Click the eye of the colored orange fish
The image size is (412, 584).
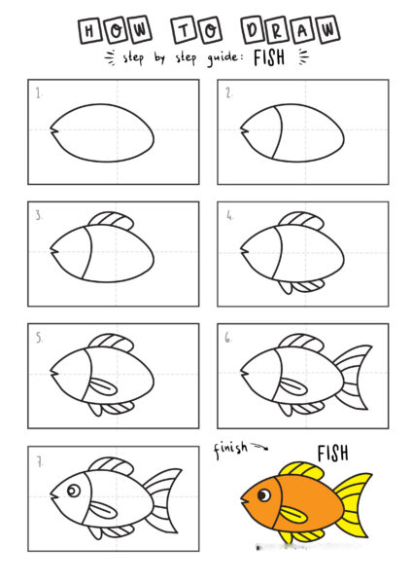pos(264,495)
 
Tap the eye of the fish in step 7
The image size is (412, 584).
pos(74,491)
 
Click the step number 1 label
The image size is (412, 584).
pos(38,92)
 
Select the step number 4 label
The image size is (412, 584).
pos(229,215)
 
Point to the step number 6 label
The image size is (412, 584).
pos(227,338)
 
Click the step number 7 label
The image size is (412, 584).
pos(39,461)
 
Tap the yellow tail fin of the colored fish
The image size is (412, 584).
pos(355,504)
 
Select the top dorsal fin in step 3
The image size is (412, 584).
pos(112,220)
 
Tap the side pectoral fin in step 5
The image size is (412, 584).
pos(103,386)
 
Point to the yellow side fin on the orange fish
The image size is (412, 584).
pos(293,514)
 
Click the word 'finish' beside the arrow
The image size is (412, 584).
pos(230,449)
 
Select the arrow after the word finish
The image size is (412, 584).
pos(259,446)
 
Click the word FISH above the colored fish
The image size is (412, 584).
pos(332,454)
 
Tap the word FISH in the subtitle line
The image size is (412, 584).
pos(269,57)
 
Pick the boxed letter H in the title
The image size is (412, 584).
pos(90,30)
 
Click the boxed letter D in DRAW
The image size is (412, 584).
pos(253,30)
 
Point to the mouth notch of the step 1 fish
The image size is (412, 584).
pos(53,130)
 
